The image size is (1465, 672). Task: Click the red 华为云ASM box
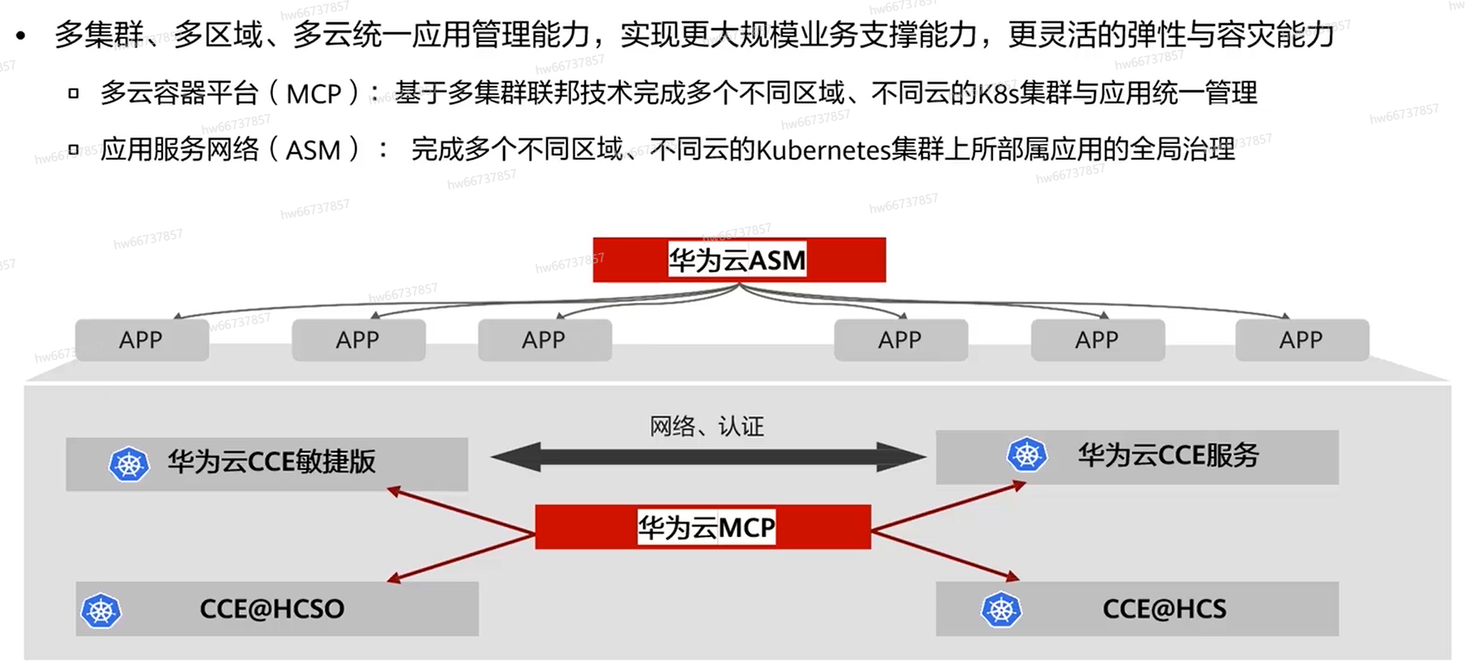(738, 260)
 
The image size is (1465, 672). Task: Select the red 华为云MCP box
(703, 527)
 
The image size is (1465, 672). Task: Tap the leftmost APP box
(142, 340)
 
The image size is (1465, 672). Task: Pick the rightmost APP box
(1301, 340)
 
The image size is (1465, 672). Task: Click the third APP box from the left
(544, 340)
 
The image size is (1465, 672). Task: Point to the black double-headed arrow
(708, 457)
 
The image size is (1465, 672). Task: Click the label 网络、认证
(706, 426)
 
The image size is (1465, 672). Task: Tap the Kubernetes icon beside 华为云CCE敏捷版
(129, 464)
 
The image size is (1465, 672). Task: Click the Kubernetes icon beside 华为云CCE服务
(1027, 454)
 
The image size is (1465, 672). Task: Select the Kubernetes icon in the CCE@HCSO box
(101, 611)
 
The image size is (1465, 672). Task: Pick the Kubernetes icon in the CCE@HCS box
(1001, 610)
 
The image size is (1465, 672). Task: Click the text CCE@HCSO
(271, 609)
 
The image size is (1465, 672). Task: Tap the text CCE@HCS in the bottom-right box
(1164, 609)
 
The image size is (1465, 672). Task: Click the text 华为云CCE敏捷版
(271, 461)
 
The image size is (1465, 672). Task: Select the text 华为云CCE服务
(1167, 454)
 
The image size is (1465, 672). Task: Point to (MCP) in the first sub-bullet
(314, 94)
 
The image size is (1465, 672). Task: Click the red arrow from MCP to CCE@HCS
(944, 555)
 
